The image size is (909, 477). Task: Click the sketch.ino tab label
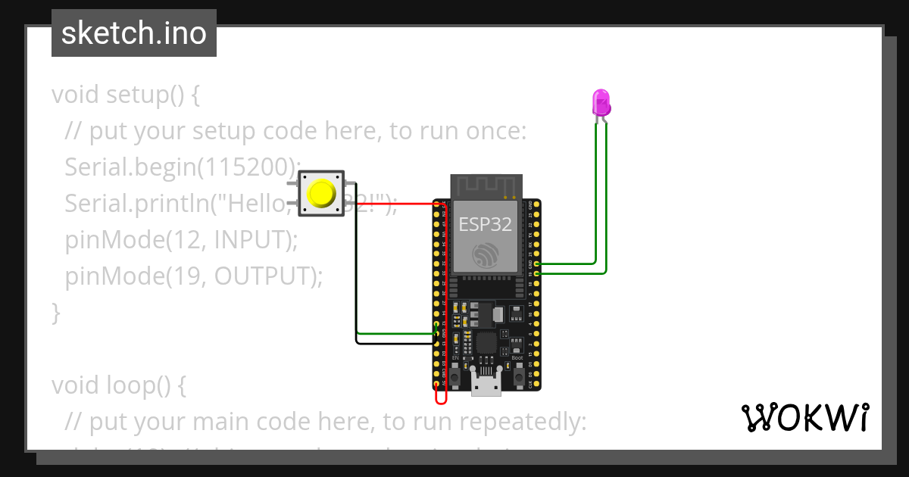(x=134, y=33)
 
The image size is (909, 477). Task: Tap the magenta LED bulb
(x=601, y=102)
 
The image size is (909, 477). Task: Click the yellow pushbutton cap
(x=322, y=193)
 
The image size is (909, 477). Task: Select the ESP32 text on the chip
(x=485, y=224)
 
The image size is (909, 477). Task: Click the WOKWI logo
(x=804, y=417)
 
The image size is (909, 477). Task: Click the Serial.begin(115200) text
(x=182, y=167)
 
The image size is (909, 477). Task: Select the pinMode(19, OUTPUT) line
(x=193, y=276)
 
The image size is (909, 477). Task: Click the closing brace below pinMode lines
(x=55, y=312)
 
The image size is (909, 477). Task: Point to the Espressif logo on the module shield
(x=485, y=255)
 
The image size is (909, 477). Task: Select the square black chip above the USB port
(x=486, y=344)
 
